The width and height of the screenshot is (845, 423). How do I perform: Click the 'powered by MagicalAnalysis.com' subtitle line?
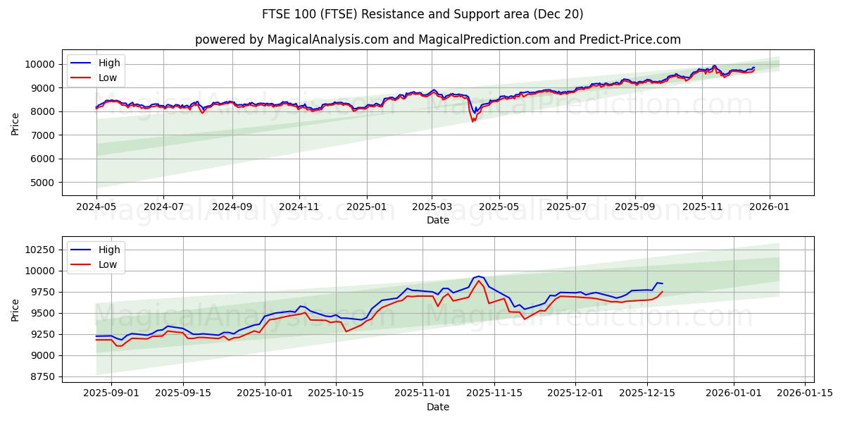click(x=437, y=39)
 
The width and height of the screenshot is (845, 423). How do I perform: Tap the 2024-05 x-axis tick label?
click(x=96, y=207)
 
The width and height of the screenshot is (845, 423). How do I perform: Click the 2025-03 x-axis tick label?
click(x=432, y=207)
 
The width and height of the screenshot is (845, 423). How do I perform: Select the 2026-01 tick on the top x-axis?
click(x=769, y=207)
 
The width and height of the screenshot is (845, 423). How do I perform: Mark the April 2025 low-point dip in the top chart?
click(x=473, y=121)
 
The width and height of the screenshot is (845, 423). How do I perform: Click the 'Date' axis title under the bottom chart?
click(x=437, y=407)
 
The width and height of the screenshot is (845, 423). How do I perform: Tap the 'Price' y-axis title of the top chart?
click(x=15, y=123)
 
